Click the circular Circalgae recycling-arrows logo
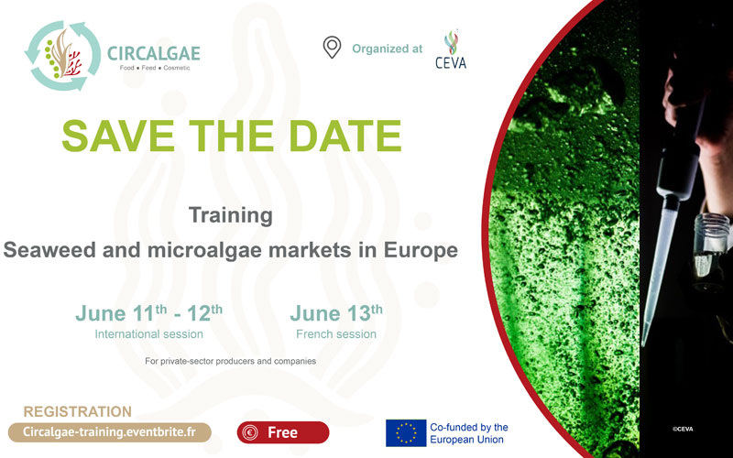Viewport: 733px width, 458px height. point(62,56)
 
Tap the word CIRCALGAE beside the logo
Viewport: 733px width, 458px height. point(154,53)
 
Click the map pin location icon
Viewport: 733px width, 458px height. point(332,48)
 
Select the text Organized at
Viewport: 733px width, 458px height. point(387,49)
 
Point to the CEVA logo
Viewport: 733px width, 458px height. point(451,49)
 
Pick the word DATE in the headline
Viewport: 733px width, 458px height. point(345,136)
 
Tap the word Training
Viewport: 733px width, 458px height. point(231,215)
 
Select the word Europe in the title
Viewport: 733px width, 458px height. point(421,250)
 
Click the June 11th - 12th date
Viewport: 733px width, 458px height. point(149,312)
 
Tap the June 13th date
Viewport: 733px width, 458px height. point(336,312)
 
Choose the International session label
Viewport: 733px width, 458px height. point(148,334)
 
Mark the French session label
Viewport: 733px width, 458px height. point(336,334)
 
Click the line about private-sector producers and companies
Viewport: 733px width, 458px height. point(231,361)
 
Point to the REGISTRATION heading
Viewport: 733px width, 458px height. point(78,411)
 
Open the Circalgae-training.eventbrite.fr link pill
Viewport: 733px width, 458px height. point(110,432)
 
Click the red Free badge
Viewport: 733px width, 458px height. point(283,432)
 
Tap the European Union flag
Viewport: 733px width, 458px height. point(406,432)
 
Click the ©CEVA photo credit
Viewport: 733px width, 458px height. point(683,429)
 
